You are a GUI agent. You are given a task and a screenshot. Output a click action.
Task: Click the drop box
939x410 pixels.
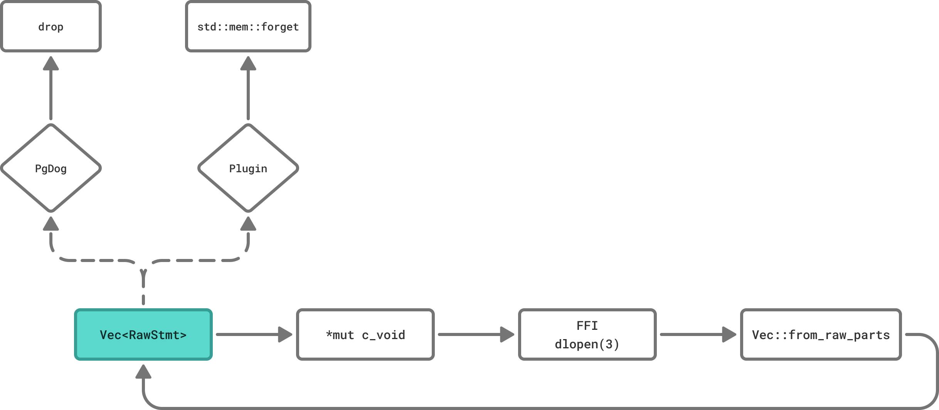click(x=50, y=26)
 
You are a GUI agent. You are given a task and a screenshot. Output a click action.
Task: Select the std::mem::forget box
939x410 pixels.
click(x=248, y=26)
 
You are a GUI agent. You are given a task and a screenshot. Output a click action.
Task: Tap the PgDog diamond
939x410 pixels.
click(x=50, y=168)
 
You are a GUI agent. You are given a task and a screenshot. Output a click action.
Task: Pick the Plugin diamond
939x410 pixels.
click(x=248, y=168)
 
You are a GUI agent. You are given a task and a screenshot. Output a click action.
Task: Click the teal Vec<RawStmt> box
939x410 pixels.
click(x=143, y=334)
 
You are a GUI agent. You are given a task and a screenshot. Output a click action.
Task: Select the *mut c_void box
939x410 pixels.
click(x=365, y=334)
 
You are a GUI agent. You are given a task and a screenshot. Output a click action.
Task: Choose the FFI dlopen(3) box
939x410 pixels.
click(x=587, y=334)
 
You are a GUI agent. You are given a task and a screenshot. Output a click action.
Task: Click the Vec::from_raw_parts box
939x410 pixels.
click(x=821, y=334)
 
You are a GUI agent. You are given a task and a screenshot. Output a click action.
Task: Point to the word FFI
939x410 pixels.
click(x=587, y=326)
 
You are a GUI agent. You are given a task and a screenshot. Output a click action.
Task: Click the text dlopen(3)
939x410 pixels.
click(x=587, y=344)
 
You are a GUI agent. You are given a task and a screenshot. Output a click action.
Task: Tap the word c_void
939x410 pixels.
click(x=383, y=335)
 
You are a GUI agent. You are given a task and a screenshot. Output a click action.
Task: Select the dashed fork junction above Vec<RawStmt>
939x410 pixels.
click(x=143, y=272)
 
